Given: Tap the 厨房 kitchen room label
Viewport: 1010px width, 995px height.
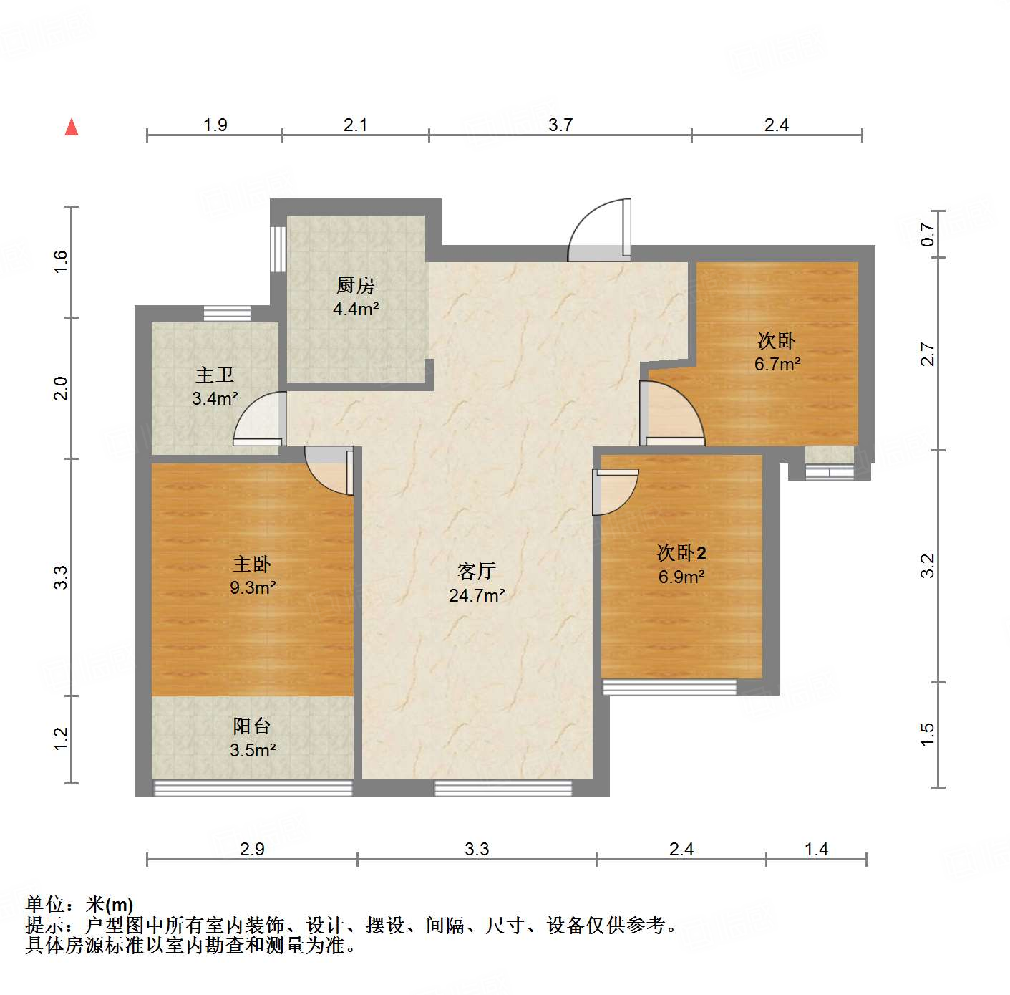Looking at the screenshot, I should (x=356, y=286).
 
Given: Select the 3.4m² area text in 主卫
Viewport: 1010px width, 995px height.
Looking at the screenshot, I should (x=215, y=399).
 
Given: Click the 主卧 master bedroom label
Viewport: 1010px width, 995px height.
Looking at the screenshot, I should (x=252, y=564).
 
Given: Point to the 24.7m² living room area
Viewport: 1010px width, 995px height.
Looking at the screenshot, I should (x=477, y=595).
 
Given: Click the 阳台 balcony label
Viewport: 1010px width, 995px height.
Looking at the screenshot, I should (x=252, y=726).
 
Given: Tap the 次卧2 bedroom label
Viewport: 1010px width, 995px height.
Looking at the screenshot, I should (x=681, y=553).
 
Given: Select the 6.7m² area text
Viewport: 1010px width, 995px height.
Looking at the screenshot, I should (x=777, y=364).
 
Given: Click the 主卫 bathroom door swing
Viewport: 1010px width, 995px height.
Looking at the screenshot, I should (x=260, y=420).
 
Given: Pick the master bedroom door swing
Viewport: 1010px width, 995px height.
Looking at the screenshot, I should (x=329, y=470).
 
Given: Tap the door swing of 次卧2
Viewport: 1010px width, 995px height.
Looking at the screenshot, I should (x=615, y=492).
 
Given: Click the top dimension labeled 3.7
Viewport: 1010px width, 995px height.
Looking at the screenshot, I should (x=560, y=125).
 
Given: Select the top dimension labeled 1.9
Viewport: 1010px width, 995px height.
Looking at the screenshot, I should (x=215, y=125).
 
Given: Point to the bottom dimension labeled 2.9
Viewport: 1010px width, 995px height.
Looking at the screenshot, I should (x=252, y=850).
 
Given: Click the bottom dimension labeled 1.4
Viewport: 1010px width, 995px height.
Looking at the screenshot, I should (x=816, y=850).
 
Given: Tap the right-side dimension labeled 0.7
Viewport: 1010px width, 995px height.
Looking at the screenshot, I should (x=928, y=234).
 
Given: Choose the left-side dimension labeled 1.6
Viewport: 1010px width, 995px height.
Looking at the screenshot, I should (x=62, y=261).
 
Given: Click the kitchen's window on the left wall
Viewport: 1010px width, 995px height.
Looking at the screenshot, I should (x=278, y=249).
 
